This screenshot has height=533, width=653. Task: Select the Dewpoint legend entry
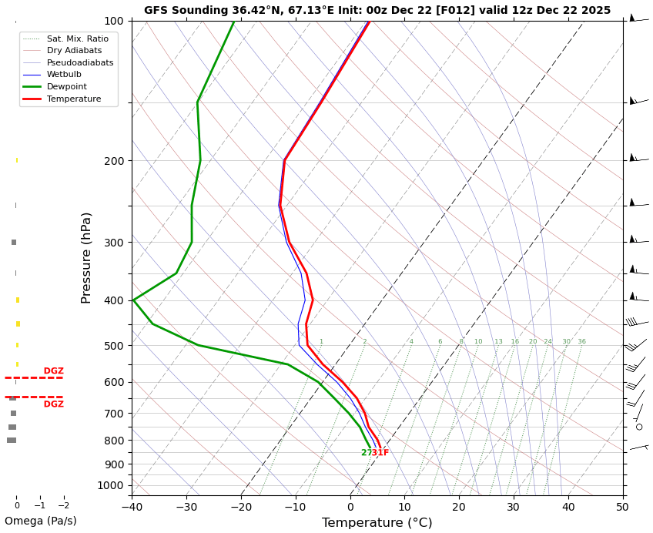click(x=66, y=87)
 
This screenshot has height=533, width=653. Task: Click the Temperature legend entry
click(x=73, y=99)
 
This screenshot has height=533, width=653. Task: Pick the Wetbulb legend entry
click(x=64, y=75)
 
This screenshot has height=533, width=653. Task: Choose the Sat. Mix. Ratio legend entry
click(x=77, y=39)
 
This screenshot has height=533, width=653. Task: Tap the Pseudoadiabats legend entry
click(x=79, y=62)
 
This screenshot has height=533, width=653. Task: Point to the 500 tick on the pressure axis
click(x=114, y=346)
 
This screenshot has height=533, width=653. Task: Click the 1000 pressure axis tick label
click(x=111, y=485)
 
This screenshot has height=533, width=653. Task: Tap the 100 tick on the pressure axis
click(x=114, y=21)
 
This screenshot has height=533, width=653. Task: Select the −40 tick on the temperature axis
click(x=132, y=506)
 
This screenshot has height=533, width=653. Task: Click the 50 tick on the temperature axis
click(x=622, y=506)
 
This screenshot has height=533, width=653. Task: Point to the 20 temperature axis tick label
click(x=459, y=506)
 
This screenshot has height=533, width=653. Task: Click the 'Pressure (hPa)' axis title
click(x=87, y=257)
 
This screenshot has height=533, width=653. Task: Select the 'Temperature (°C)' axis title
click(x=377, y=523)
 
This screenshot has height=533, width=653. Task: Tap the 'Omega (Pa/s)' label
click(x=40, y=521)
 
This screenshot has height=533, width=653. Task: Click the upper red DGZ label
click(x=53, y=371)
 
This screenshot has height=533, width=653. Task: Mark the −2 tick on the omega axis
click(x=64, y=506)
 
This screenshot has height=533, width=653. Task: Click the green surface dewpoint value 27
click(x=366, y=453)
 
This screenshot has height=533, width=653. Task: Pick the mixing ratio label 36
click(x=581, y=342)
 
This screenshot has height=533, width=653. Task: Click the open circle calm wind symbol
click(x=638, y=427)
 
